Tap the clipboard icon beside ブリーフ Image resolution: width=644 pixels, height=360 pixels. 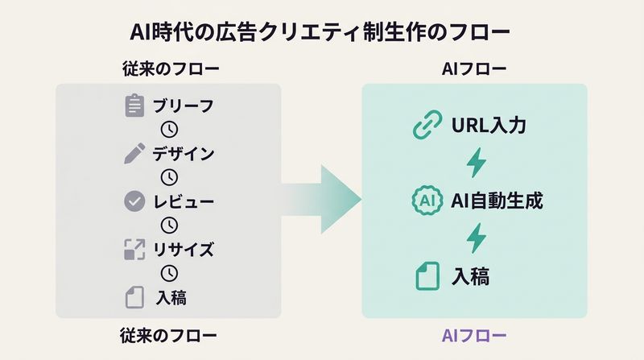tap(134, 106)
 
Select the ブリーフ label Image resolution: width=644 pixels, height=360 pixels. tap(184, 106)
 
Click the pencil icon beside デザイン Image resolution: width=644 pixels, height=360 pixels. tap(134, 153)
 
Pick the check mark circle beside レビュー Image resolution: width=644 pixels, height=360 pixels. tap(134, 201)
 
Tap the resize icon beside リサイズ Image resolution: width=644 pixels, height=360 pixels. tap(134, 249)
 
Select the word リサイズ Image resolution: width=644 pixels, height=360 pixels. tap(184, 249)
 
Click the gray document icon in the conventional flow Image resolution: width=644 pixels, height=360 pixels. tap(134, 296)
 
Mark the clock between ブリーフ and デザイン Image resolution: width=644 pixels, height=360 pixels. tap(169, 130)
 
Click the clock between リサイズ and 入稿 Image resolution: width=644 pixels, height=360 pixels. tap(169, 273)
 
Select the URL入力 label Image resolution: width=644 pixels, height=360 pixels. tap(489, 126)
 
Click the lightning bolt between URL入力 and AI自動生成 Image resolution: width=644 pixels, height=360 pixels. tap(477, 163)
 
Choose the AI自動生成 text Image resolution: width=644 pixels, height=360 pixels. tap(497, 200)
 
